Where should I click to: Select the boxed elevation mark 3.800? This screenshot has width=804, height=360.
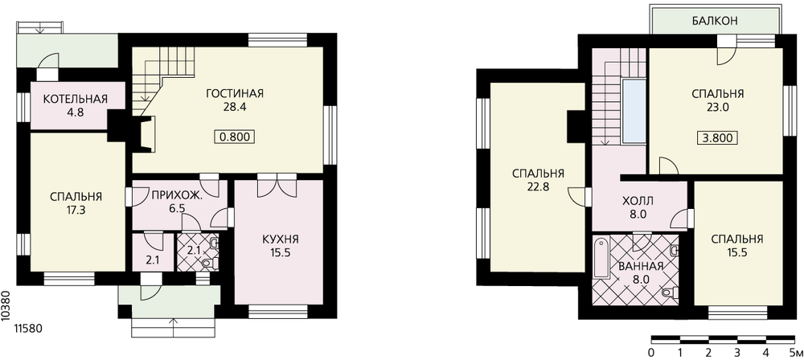pyautogui.click(x=717, y=138)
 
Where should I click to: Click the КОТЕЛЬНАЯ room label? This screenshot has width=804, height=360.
pyautogui.click(x=75, y=99)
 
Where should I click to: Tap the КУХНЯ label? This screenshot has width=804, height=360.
pyautogui.click(x=280, y=239)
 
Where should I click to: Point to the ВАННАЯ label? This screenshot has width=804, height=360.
pyautogui.click(x=641, y=267)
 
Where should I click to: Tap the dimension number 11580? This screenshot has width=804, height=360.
pyautogui.click(x=27, y=328)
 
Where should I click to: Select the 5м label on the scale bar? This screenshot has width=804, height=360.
pyautogui.click(x=796, y=353)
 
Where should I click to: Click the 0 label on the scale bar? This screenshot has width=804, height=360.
pyautogui.click(x=651, y=353)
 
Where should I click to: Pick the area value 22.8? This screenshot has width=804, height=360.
pyautogui.click(x=538, y=187)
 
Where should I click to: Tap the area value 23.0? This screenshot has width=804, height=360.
pyautogui.click(x=717, y=108)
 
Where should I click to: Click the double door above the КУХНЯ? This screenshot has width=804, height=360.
pyautogui.click(x=277, y=186)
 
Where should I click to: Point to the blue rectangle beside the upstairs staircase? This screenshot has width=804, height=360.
pyautogui.click(x=634, y=110)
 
